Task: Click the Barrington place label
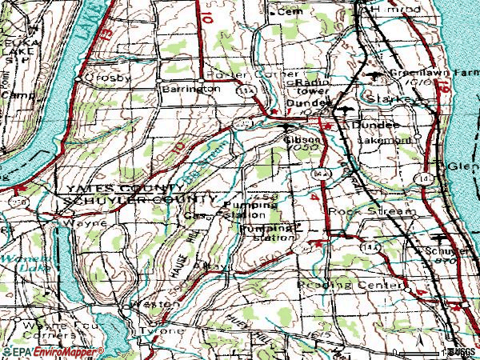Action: [190, 89]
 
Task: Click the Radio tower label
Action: [314, 87]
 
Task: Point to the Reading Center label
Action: [348, 285]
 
